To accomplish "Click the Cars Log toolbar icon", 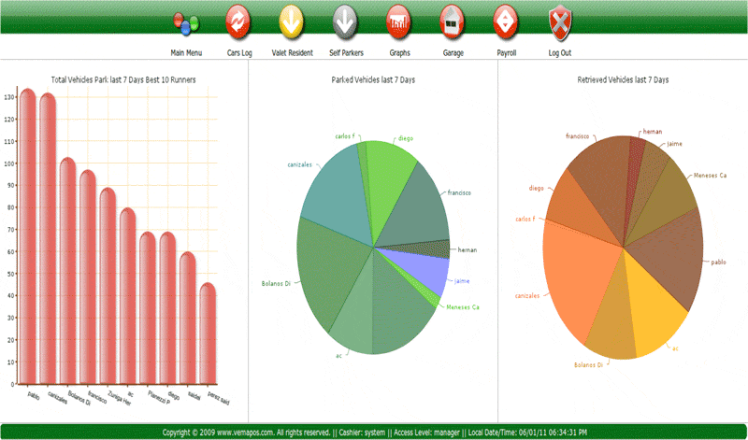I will click(238, 19).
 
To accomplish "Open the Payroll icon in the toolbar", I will click(505, 19).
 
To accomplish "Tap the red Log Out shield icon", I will click(559, 19).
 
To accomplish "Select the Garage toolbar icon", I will click(453, 19).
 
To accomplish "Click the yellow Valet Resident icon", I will click(291, 19).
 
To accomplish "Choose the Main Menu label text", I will click(186, 53).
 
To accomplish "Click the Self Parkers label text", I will click(346, 53).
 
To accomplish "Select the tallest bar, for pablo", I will click(28, 234).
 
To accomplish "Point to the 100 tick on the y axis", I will click(9, 163).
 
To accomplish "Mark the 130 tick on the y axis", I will click(9, 97).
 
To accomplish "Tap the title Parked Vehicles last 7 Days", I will click(373, 80).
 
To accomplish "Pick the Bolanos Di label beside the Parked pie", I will click(280, 283).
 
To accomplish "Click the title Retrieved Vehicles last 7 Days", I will click(623, 80).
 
